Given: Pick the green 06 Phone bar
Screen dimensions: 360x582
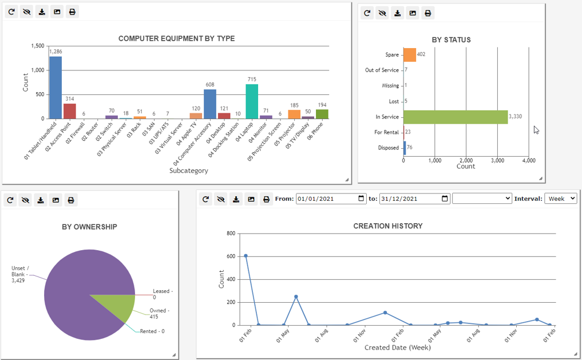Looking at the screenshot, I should tap(322, 114).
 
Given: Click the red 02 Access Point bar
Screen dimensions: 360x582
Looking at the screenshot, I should tap(70, 110).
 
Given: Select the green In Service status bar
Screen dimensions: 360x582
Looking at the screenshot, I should tap(456, 117).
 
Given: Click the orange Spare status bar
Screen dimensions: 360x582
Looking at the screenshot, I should tap(410, 55).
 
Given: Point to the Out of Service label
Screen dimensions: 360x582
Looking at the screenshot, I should tap(382, 70).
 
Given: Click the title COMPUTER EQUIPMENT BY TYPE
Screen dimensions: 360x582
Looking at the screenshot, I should tap(176, 39).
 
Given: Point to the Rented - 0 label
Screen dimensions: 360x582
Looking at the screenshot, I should tap(152, 331).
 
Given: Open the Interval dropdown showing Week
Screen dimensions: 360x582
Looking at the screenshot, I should tap(560, 199).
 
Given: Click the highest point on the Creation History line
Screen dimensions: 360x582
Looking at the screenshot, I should tap(246, 256).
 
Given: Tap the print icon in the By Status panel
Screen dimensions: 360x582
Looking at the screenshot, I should tap(428, 13).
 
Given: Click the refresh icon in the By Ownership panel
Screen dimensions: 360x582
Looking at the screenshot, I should tap(10, 200).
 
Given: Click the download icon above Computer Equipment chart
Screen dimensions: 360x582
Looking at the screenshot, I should tap(42, 12).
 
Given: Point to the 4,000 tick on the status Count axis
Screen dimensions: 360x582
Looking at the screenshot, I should tap(528, 160).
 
